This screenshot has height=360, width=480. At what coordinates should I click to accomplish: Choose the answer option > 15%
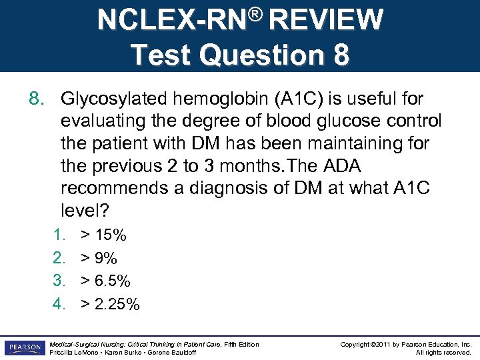(x=103, y=235)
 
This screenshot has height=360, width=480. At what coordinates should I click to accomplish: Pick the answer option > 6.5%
(x=105, y=281)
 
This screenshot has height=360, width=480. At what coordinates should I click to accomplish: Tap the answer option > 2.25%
(x=110, y=305)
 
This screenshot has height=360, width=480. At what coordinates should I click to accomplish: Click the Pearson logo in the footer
(x=23, y=348)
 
